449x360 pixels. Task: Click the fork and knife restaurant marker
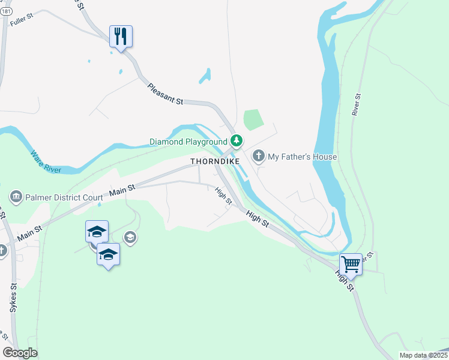tap(121, 37)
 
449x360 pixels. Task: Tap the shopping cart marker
tap(351, 264)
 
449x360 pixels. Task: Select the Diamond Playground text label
tap(188, 142)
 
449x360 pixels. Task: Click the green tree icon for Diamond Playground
tap(237, 142)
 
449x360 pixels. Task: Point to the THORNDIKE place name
tap(215, 162)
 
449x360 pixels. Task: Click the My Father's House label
tap(302, 157)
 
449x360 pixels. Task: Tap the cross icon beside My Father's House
tap(259, 157)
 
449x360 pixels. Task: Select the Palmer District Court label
tap(62, 196)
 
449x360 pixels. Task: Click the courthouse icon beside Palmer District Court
tap(16, 196)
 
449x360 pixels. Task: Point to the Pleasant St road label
tap(165, 94)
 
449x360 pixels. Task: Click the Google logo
tap(20, 353)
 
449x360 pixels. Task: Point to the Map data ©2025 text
tap(423, 355)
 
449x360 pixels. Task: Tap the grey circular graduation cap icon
tap(130, 238)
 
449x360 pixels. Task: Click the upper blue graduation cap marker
tap(97, 232)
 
